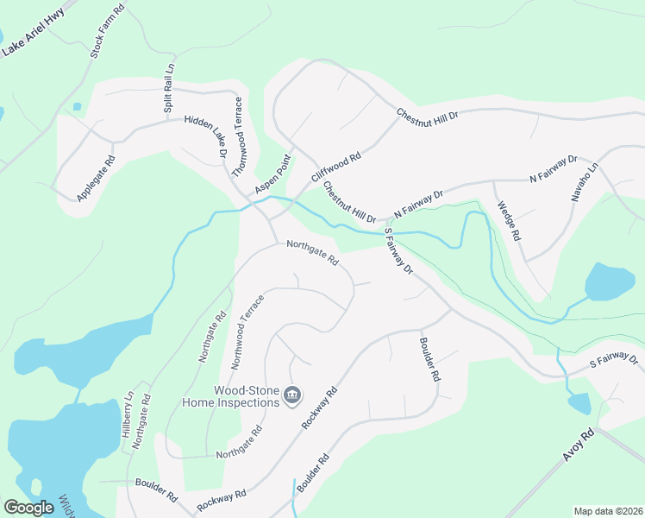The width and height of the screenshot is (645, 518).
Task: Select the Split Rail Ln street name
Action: [169, 88]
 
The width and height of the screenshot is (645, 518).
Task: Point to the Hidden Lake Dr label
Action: [204, 136]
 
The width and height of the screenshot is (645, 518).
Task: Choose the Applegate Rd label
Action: [95, 179]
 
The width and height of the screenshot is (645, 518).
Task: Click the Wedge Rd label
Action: [509, 221]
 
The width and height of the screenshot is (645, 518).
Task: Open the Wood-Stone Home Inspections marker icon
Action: [292, 395]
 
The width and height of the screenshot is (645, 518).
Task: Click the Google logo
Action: [29, 508]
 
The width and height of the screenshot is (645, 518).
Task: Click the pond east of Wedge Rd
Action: [610, 281]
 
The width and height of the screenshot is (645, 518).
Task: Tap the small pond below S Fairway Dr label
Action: [579, 403]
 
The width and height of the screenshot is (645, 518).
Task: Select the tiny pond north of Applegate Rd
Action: [77, 107]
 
